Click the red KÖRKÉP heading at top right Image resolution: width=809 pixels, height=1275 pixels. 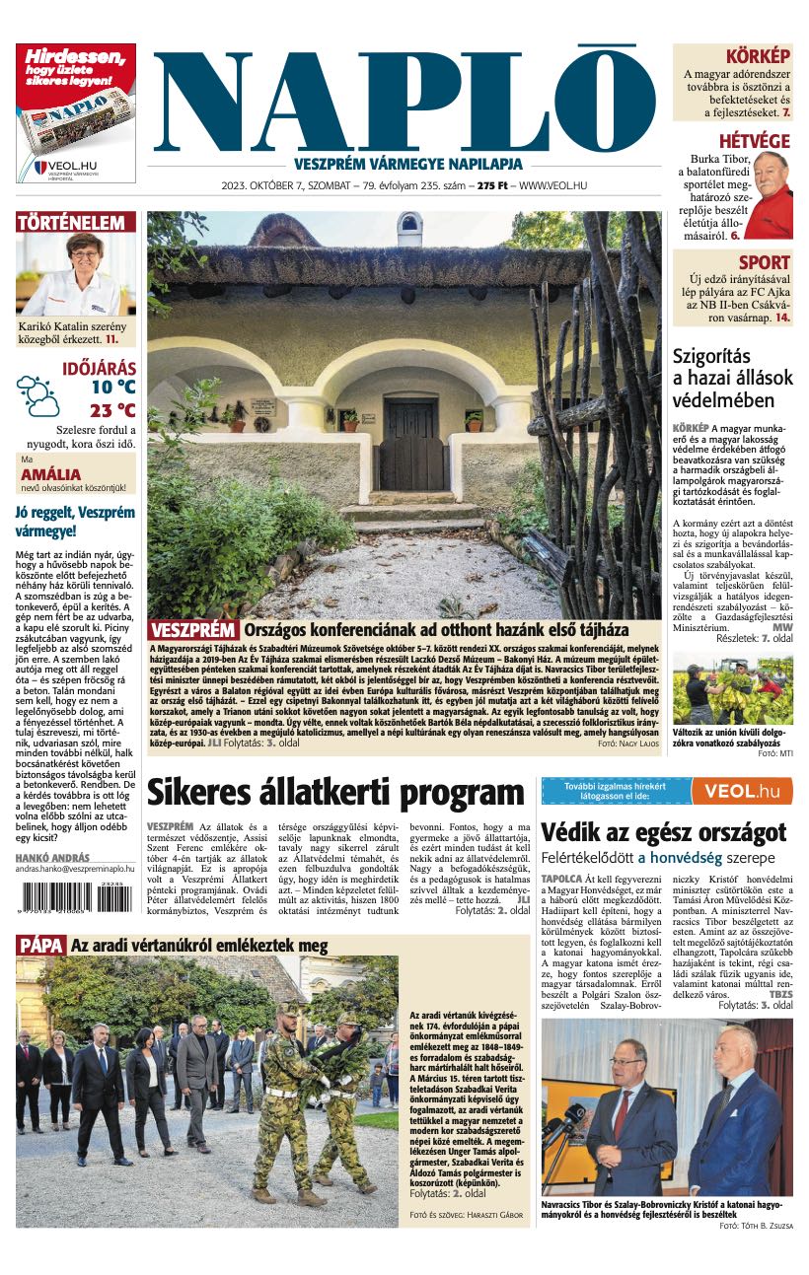pyautogui.click(x=758, y=56)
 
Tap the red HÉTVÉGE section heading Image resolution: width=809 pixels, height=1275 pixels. pyautogui.click(x=754, y=141)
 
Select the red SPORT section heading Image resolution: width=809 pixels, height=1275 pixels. pyautogui.click(x=765, y=262)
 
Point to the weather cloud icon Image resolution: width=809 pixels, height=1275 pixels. pyautogui.click(x=37, y=394)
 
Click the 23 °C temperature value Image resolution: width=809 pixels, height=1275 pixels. pyautogui.click(x=112, y=410)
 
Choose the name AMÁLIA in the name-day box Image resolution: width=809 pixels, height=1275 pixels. pyautogui.click(x=50, y=474)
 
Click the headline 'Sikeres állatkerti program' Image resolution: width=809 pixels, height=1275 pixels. pyautogui.click(x=335, y=793)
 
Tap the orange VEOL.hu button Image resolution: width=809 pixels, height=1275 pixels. pyautogui.click(x=741, y=791)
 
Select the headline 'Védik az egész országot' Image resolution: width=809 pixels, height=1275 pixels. pyautogui.click(x=663, y=831)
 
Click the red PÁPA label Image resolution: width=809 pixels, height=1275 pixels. pyautogui.click(x=40, y=946)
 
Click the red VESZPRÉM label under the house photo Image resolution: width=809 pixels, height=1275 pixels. pyautogui.click(x=194, y=630)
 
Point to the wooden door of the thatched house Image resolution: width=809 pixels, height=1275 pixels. pyautogui.click(x=409, y=445)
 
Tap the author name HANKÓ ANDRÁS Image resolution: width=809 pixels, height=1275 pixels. pyautogui.click(x=52, y=858)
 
